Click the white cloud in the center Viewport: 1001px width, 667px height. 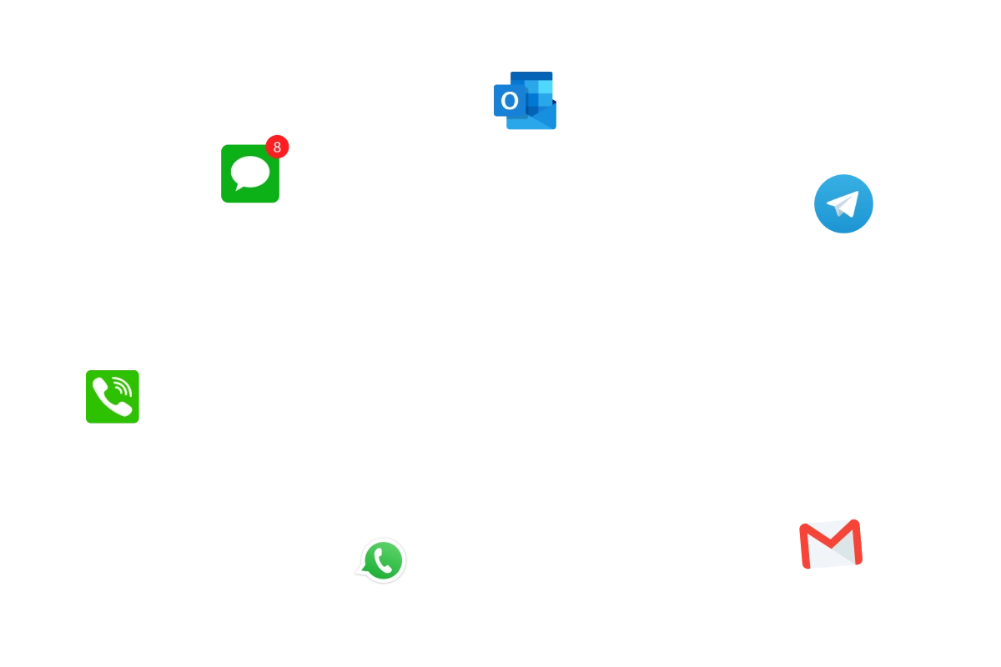[x=526, y=321]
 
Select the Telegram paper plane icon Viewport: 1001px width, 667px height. [x=843, y=203]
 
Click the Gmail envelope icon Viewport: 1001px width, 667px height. [x=830, y=546]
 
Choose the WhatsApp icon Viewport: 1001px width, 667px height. [x=383, y=560]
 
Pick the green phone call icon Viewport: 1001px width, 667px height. [x=112, y=396]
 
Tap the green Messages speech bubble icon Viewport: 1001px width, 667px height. [x=250, y=173]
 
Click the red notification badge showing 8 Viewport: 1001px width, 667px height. [x=277, y=147]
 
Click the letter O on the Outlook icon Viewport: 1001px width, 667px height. [x=509, y=102]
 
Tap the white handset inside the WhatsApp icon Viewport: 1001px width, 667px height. [x=383, y=560]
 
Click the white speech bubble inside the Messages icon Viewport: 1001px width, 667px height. [x=250, y=173]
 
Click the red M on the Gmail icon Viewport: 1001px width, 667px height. [x=830, y=540]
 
